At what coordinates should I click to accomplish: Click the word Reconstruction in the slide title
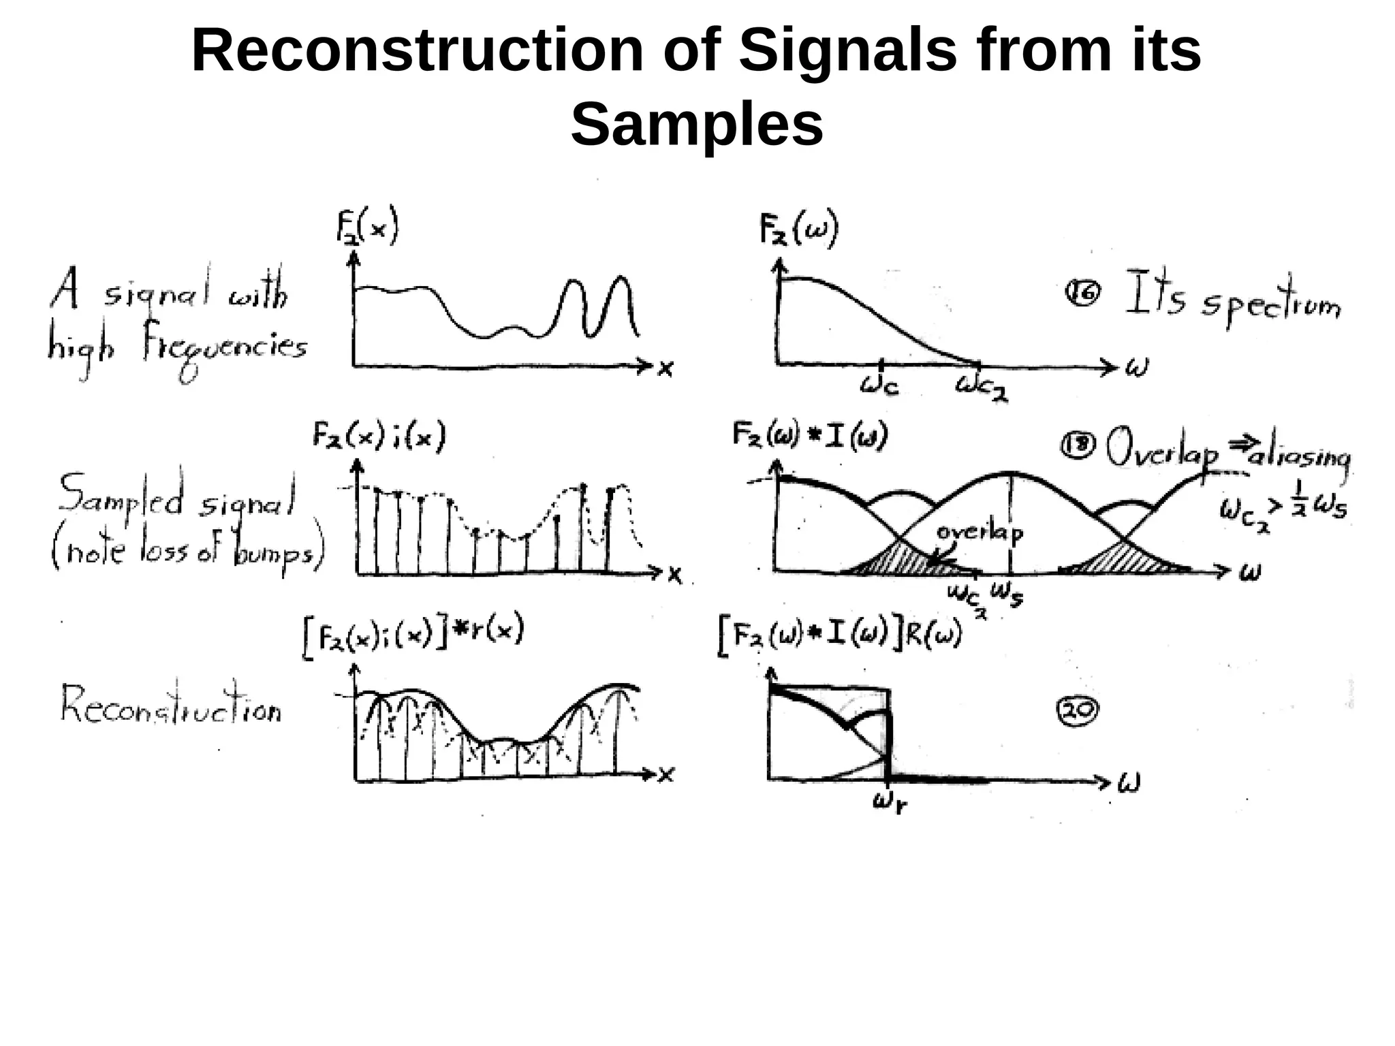click(418, 52)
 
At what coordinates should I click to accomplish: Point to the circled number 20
click(1077, 710)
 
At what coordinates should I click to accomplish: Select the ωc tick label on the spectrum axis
click(879, 385)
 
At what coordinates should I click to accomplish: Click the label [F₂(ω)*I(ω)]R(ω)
click(840, 636)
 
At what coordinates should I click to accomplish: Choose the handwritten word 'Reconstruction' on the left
click(170, 706)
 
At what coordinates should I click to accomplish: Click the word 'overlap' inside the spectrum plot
click(979, 533)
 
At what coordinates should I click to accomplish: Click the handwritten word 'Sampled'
click(121, 496)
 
